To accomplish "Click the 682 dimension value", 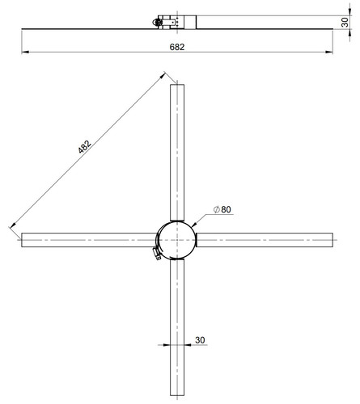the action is click(x=177, y=47).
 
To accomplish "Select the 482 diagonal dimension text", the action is click(x=84, y=147).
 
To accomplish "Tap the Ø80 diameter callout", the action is click(x=222, y=209).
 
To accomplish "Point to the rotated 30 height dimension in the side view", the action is click(x=345, y=22).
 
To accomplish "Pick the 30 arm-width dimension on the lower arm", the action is click(x=200, y=340).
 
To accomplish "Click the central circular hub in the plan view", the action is click(x=177, y=240).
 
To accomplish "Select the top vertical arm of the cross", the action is click(x=177, y=153).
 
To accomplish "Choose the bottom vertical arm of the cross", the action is click(x=177, y=327).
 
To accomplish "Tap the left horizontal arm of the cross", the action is click(x=89, y=240).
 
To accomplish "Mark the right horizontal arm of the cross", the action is click(x=265, y=240).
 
